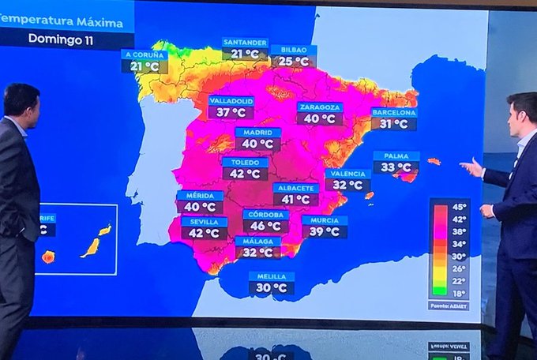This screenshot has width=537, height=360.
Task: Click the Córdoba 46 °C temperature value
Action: click(265, 227)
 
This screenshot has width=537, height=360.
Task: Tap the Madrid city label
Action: click(257, 133)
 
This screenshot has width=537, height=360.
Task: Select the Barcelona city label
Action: click(394, 113)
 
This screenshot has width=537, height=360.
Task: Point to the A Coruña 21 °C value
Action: click(145, 67)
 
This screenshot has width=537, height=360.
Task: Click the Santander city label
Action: click(245, 43)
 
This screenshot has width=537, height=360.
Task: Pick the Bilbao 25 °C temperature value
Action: click(293, 62)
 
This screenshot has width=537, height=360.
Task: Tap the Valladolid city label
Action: click(231, 101)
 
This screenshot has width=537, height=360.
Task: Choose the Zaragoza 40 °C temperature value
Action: click(320, 119)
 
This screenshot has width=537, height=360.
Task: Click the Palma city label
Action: click(396, 156)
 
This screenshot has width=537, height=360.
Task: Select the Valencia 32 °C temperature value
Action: click(347, 186)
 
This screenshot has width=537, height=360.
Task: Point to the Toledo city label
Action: click(245, 162)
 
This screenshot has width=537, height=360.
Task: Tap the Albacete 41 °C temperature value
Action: click(296, 201)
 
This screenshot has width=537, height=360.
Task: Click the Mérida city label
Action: click(200, 196)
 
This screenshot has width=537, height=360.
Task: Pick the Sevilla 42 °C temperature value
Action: click(204, 234)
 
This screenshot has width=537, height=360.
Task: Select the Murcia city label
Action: click(325, 220)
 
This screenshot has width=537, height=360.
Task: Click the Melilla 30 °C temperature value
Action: click(272, 289)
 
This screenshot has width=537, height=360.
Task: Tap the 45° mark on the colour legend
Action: click(459, 208)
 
